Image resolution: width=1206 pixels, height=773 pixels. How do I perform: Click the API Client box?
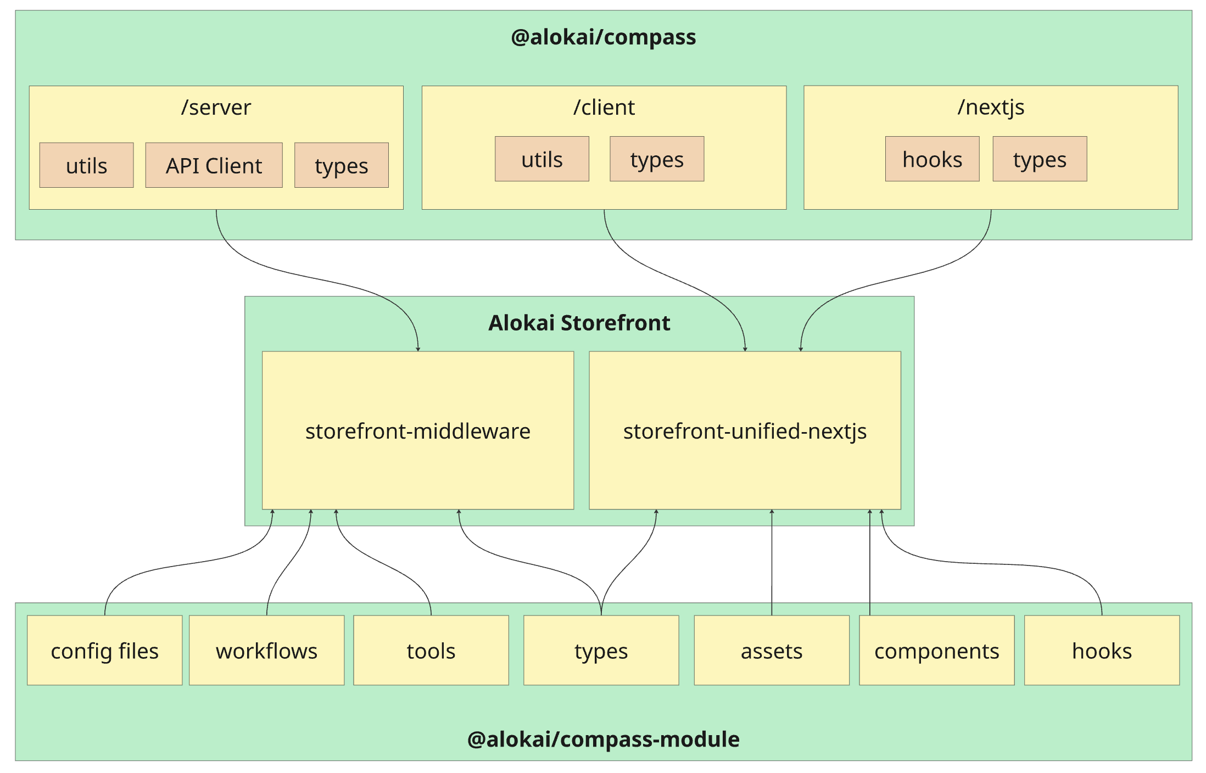[x=214, y=165]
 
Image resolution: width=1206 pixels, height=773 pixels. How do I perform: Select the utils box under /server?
[x=86, y=165]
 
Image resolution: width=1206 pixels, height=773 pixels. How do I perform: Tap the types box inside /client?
[x=656, y=159]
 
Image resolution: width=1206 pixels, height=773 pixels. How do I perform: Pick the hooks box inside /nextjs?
[x=932, y=159]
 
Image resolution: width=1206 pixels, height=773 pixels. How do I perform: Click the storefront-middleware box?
[x=417, y=430]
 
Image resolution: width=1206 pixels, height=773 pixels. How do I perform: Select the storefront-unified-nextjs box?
[x=744, y=430]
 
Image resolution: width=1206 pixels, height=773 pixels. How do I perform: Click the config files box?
[x=104, y=651]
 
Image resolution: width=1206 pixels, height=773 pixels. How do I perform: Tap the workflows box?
[x=266, y=651]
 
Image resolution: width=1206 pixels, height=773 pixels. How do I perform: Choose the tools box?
[x=431, y=651]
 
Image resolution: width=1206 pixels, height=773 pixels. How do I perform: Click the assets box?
[x=771, y=651]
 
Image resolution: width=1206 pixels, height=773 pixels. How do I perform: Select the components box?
[x=936, y=651]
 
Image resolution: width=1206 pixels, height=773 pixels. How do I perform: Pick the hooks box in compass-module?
[x=1101, y=651]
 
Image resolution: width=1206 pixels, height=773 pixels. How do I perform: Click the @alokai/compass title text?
[x=603, y=37]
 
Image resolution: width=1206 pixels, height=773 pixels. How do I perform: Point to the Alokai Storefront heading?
[x=579, y=323]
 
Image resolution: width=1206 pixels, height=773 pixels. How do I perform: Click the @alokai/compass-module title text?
[x=603, y=739]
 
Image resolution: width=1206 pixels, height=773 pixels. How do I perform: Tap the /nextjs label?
[x=990, y=107]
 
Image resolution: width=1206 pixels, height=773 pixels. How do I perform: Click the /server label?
[x=216, y=107]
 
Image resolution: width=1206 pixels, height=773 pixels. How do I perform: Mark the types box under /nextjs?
[x=1039, y=159]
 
